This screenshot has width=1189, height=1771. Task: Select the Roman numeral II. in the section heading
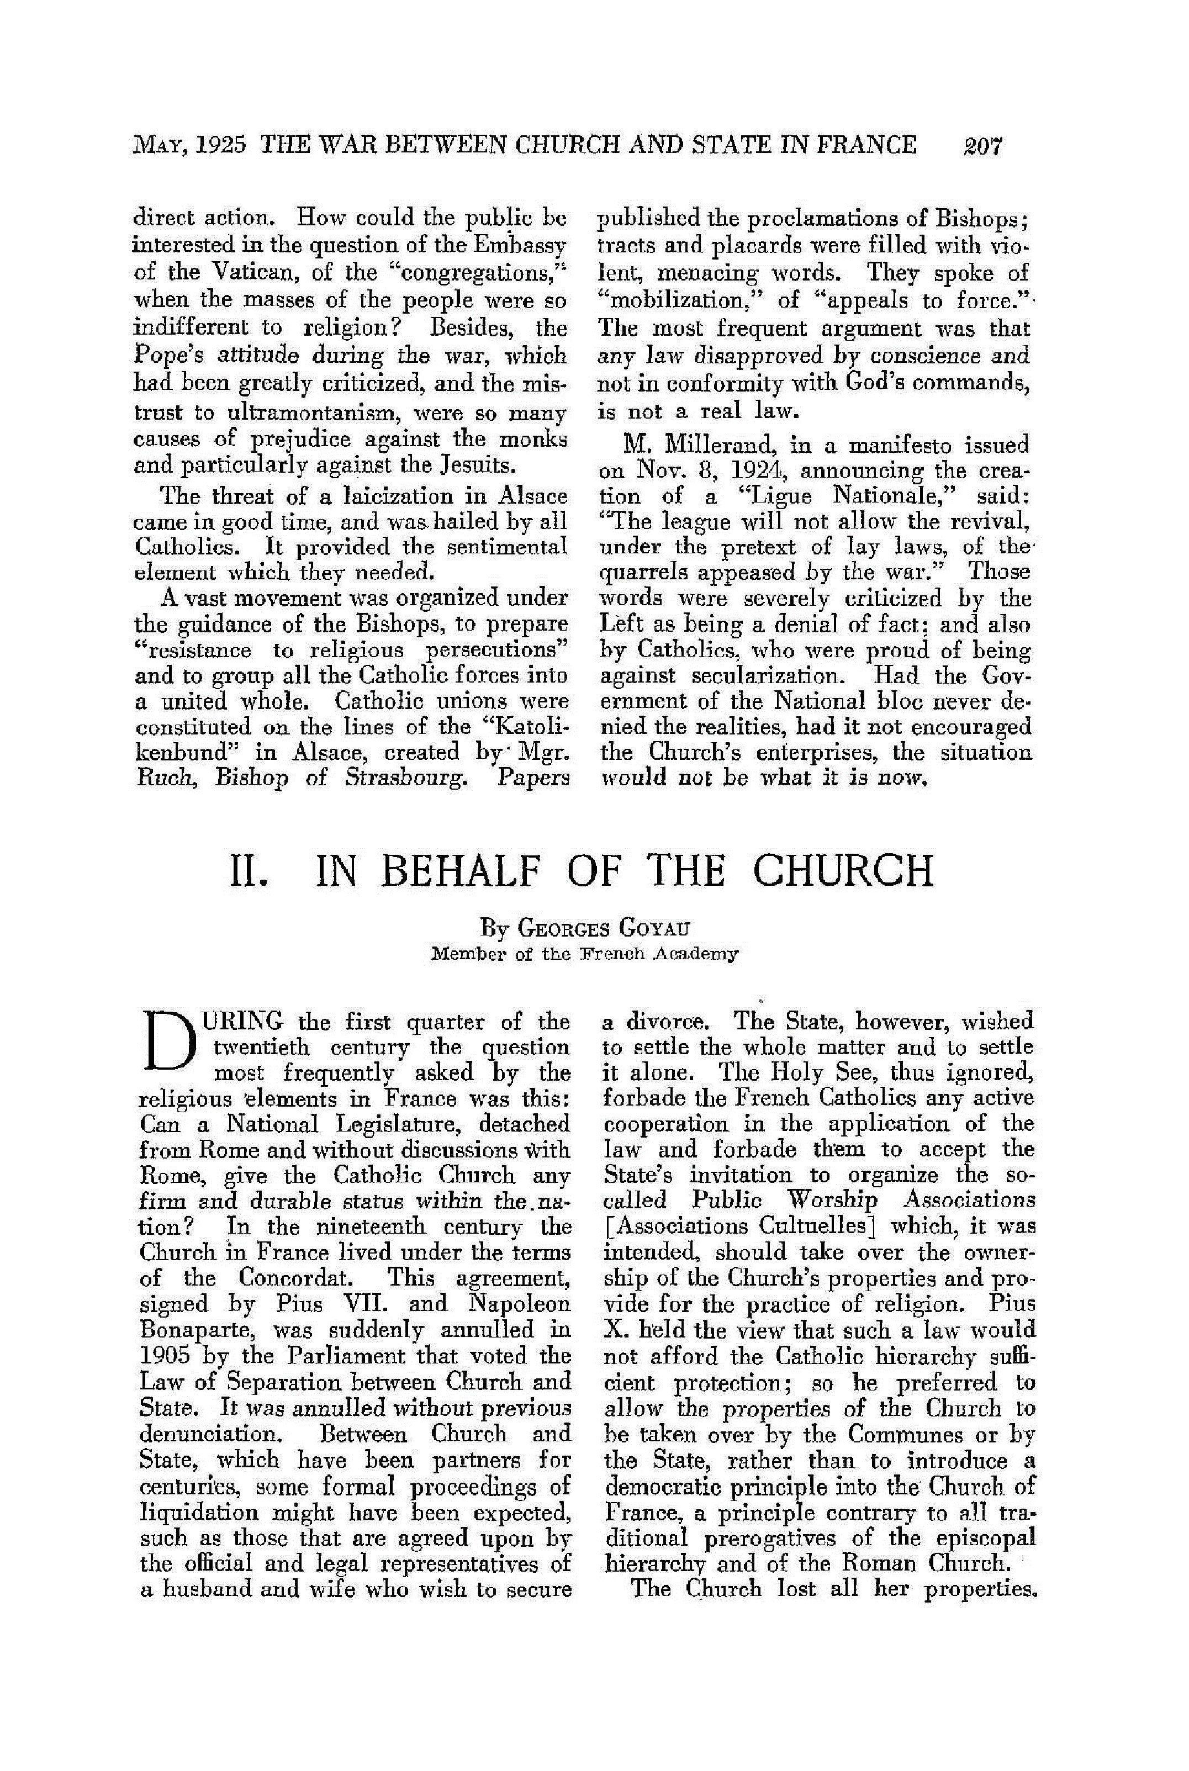(x=247, y=871)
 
